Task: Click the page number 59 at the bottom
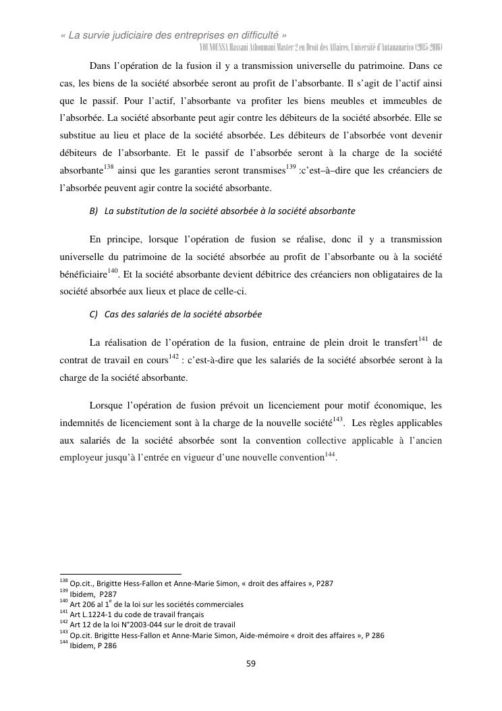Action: click(250, 663)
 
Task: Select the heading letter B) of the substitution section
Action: click(94, 211)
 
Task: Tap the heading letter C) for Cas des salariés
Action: click(94, 315)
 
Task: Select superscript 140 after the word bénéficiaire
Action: click(113, 271)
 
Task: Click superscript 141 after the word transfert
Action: click(424, 338)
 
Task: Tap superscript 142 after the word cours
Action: click(173, 356)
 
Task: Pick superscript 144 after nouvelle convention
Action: click(331, 453)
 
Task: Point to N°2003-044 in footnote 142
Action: click(139, 625)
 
